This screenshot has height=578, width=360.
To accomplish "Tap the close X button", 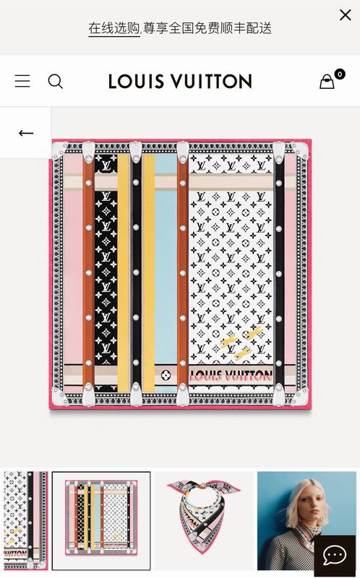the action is (346, 14).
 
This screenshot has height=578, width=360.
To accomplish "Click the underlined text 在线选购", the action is (114, 28).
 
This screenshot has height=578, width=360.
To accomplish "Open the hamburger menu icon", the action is (22, 81).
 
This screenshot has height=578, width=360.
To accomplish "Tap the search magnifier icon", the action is (56, 82).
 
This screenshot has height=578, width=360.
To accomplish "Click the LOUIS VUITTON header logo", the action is (180, 82).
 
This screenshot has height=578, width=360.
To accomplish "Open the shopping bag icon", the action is (327, 82).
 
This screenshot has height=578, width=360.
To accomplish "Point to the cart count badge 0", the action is (340, 74).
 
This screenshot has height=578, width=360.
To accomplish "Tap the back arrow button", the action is (26, 133).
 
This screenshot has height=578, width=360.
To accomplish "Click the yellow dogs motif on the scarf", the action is (241, 342).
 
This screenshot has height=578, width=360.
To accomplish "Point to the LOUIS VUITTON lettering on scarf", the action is (231, 376).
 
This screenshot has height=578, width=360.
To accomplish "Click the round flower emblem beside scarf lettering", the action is (166, 375).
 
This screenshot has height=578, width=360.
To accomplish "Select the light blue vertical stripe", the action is (166, 273).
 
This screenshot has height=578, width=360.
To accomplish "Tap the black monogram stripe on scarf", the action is (106, 273).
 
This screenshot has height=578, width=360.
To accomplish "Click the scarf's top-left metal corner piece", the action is (59, 150).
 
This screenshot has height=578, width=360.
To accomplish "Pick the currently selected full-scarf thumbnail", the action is (101, 520).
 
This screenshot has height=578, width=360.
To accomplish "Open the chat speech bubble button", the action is (335, 555).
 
